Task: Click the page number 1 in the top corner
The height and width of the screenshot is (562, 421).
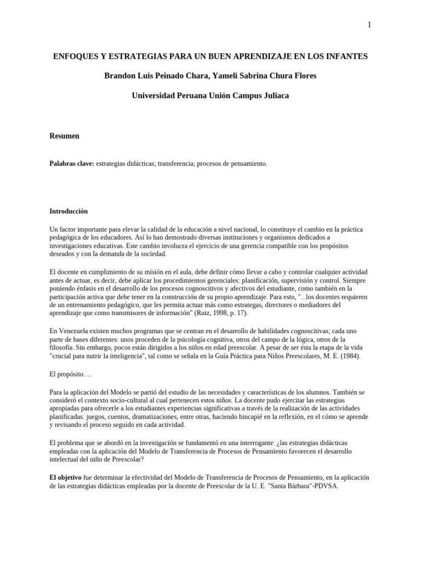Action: (369, 25)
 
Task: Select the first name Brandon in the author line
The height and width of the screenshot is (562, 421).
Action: (119, 76)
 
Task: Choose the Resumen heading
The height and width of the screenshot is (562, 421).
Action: (64, 136)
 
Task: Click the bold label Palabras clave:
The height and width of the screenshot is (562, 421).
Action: (72, 164)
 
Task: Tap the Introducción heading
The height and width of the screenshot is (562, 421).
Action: (69, 211)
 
